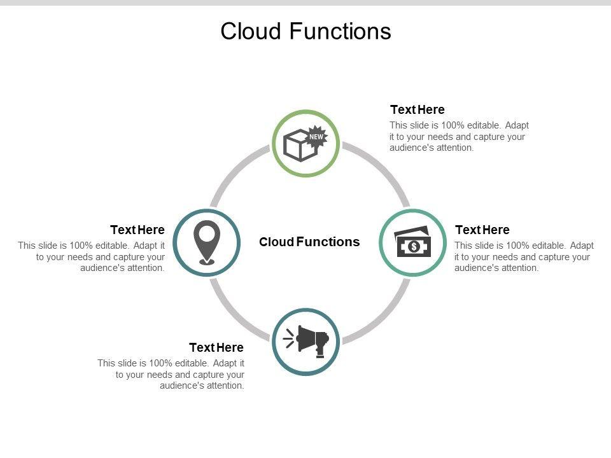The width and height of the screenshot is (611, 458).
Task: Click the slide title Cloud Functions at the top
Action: pyautogui.click(x=305, y=31)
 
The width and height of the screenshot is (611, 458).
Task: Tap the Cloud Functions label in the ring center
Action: pyautogui.click(x=309, y=242)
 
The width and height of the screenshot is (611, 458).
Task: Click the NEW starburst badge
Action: pyautogui.click(x=316, y=135)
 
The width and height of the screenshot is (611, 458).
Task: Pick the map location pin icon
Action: pyautogui.click(x=206, y=242)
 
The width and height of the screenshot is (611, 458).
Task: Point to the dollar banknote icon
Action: pyautogui.click(x=412, y=242)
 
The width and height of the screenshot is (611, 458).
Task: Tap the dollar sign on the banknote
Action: pyautogui.click(x=414, y=246)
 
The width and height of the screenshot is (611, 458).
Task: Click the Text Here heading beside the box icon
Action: pyautogui.click(x=418, y=109)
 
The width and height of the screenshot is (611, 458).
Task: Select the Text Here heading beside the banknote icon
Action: pyautogui.click(x=482, y=230)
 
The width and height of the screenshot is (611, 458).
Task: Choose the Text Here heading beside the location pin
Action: pyautogui.click(x=137, y=230)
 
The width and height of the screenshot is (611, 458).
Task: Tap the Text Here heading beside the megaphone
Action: pyautogui.click(x=216, y=347)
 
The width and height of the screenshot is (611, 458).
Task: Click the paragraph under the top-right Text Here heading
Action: pyautogui.click(x=459, y=136)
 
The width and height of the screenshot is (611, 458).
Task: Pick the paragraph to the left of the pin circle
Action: pyautogui.click(x=92, y=256)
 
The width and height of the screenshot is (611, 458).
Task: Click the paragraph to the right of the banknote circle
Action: pyautogui.click(x=523, y=256)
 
